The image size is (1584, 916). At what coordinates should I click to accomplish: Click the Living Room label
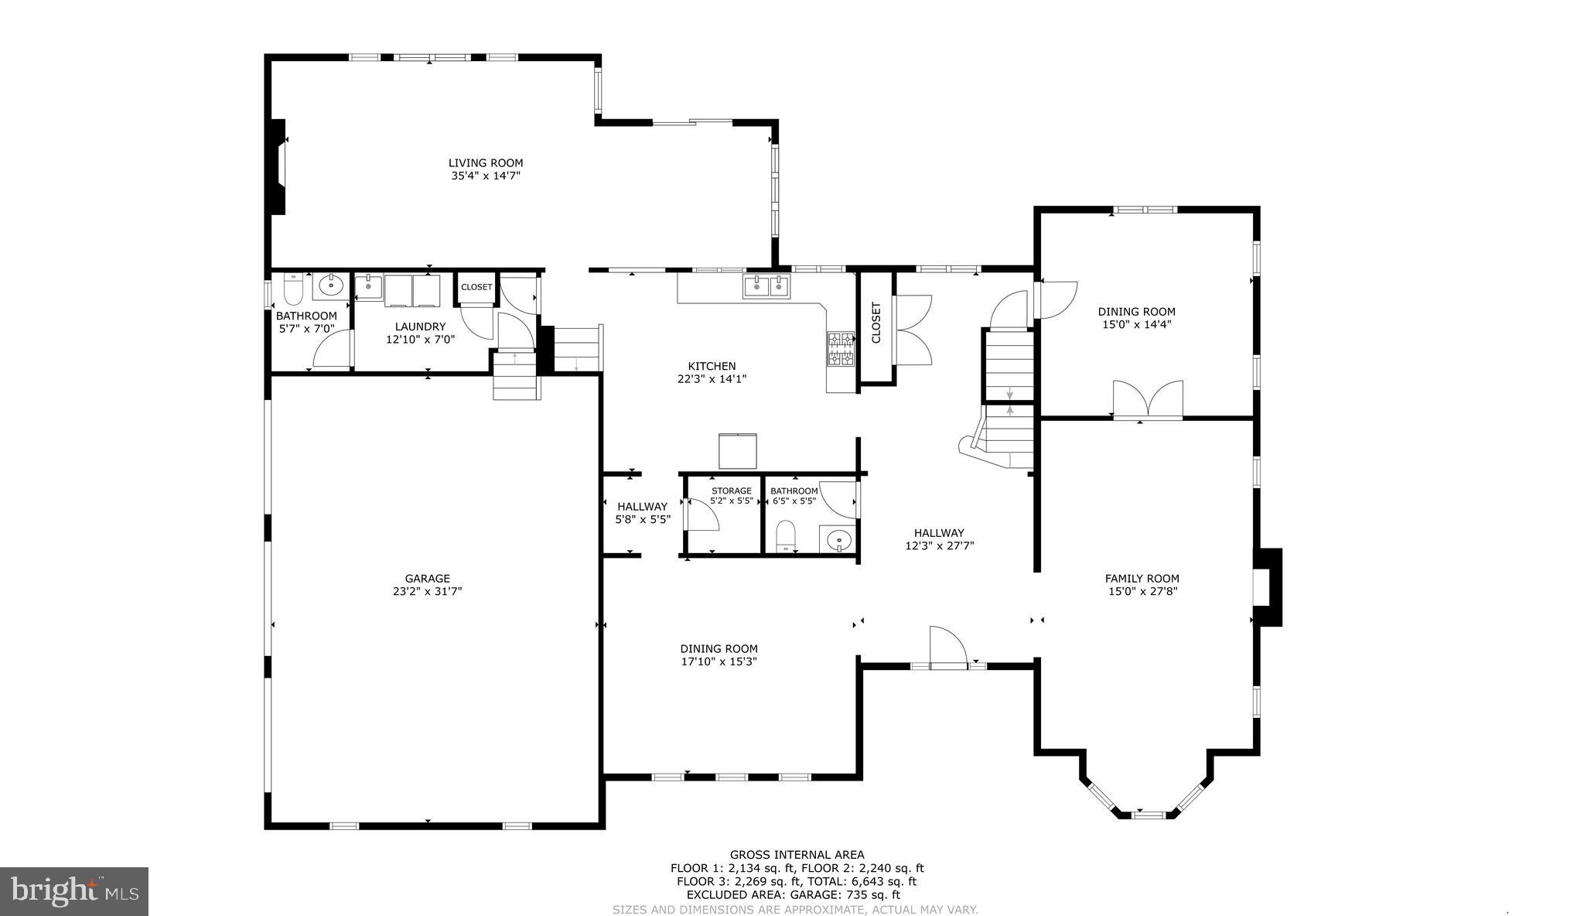pos(486,163)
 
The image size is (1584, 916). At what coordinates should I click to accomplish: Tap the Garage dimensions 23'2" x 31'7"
pos(427,592)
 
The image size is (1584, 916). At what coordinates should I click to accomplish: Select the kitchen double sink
pos(767,286)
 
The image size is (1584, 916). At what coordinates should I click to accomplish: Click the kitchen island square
pos(738,451)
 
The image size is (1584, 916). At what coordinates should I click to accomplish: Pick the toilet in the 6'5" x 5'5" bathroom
pos(786,535)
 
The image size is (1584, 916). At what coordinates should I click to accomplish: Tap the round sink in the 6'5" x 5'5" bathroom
pos(838,539)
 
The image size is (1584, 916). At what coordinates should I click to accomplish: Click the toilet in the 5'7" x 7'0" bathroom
pos(293,289)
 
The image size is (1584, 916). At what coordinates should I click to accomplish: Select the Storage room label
pos(731,490)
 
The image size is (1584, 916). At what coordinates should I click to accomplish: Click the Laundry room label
pos(420,326)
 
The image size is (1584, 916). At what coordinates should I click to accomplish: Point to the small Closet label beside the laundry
pos(476,287)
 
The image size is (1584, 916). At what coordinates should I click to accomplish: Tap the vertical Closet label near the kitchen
pos(876,323)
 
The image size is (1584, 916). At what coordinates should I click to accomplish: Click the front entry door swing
pos(947,646)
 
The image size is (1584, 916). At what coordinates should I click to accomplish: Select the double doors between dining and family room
pos(1148,400)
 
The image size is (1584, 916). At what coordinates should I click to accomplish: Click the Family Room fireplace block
pos(1268,587)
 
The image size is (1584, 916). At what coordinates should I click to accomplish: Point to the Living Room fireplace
pos(277,166)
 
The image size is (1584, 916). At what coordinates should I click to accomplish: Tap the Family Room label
pos(1142,578)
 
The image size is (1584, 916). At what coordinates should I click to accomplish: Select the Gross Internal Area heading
pos(797,855)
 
